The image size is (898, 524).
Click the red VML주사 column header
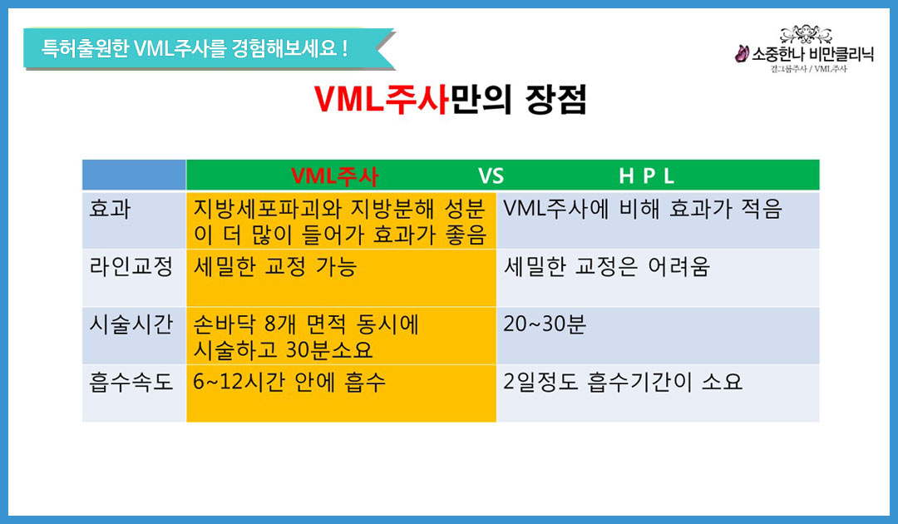point(334,175)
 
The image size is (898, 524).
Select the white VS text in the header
point(491,175)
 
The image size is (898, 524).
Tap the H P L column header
point(646,175)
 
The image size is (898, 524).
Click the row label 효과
point(110,209)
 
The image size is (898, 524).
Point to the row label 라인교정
point(131,266)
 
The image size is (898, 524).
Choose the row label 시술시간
point(131,324)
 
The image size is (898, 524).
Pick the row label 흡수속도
point(131,382)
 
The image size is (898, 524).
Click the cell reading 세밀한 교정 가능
point(275,266)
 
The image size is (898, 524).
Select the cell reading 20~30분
point(545,324)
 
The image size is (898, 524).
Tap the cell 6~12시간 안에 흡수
point(289,382)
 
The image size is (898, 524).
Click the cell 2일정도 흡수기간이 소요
point(623,382)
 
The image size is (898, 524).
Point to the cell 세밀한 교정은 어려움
point(606,266)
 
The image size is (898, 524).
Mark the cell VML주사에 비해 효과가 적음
point(643,209)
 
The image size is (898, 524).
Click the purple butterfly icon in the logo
point(742,54)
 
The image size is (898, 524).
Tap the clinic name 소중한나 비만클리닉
point(812,54)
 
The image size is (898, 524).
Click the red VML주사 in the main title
point(382,99)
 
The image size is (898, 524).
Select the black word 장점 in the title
point(556,100)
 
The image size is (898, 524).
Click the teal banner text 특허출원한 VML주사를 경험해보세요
point(194,48)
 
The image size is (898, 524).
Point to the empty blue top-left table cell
point(134,175)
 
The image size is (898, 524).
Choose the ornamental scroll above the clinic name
point(807,34)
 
